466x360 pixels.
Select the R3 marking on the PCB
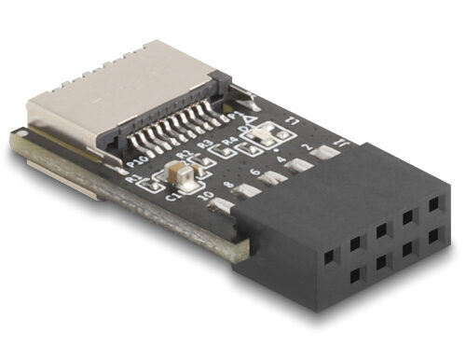[203, 149]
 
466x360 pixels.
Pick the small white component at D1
[262, 136]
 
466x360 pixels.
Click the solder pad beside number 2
[326, 153]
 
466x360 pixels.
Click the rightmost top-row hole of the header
[434, 201]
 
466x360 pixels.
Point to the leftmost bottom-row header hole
[329, 277]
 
